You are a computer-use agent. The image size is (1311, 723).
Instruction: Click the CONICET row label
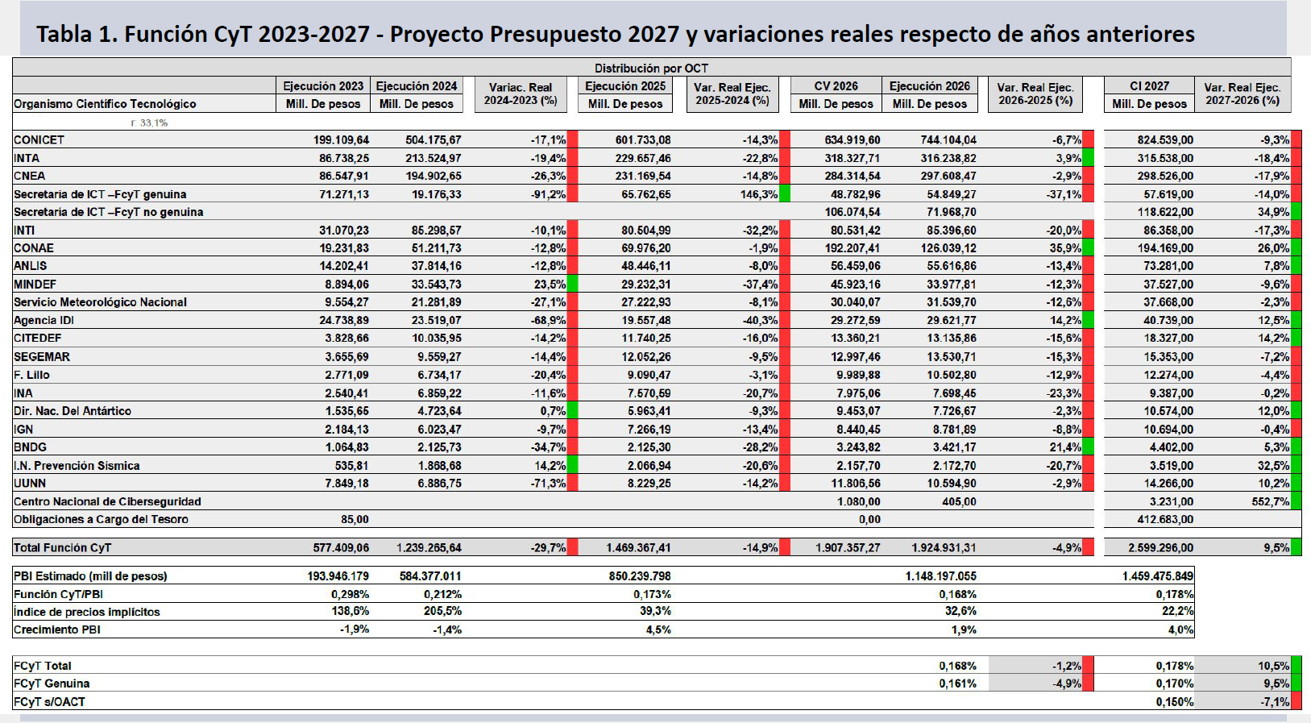39,140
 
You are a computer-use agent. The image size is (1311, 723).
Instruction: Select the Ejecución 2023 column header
323,86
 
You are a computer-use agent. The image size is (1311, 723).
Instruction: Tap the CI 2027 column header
1149,86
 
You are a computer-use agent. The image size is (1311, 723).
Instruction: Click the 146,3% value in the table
758,194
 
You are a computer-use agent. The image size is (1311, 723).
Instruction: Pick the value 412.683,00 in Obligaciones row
1165,519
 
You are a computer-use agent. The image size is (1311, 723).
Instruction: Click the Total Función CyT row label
62,548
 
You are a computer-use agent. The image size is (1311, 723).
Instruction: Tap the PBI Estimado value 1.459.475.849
1157,576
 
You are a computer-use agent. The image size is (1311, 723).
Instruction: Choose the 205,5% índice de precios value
442,611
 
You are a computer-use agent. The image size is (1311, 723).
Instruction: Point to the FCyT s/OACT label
49,702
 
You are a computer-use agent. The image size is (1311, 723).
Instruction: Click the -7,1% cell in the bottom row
1275,702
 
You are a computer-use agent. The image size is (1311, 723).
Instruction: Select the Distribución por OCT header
651,68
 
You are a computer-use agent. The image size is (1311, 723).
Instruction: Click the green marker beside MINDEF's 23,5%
572,285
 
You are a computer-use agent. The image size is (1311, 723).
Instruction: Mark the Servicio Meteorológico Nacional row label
100,303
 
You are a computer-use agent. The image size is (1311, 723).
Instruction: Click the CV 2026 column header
836,86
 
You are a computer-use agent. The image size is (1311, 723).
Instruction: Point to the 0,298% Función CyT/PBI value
350,594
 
